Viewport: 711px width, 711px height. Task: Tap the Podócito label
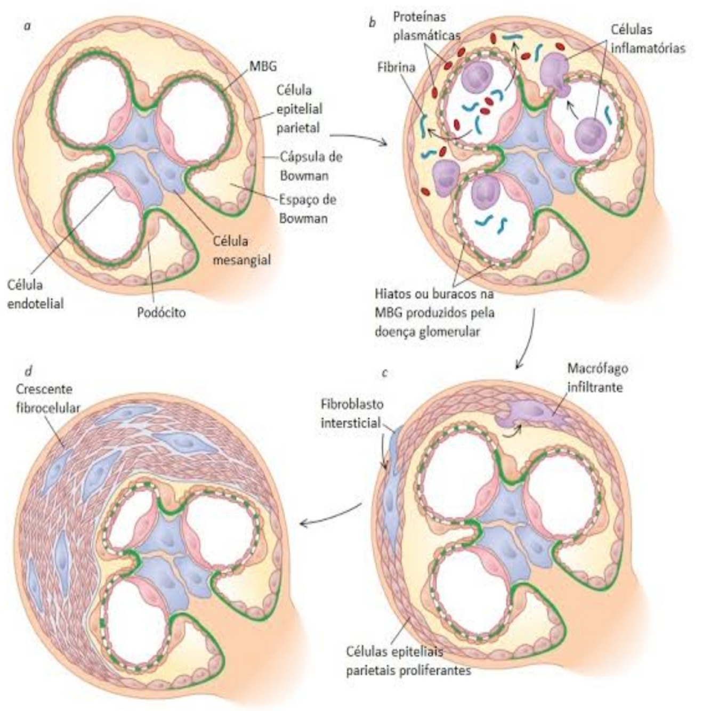161,312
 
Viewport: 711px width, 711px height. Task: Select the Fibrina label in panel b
396,68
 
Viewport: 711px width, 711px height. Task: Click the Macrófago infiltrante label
597,377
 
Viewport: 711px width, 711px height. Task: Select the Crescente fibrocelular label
47,399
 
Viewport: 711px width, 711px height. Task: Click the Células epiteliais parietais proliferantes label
408,661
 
